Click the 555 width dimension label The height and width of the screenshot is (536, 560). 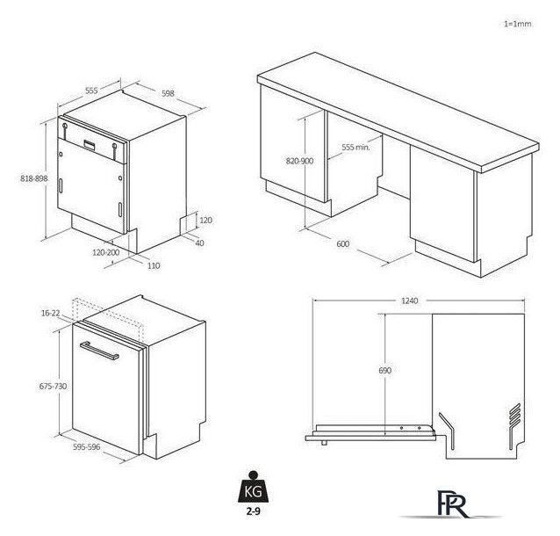click(91, 91)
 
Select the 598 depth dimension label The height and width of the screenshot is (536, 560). click(168, 93)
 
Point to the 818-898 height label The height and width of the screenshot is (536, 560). click(34, 178)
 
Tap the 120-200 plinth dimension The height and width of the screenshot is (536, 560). click(106, 252)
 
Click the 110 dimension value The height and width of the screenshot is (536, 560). click(154, 265)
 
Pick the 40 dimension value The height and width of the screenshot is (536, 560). click(199, 243)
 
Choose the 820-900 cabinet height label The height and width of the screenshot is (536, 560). click(299, 161)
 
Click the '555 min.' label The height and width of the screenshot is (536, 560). click(355, 147)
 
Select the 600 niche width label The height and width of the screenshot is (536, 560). click(343, 244)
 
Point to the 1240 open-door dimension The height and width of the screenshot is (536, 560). click(409, 301)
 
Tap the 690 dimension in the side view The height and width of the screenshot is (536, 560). click(385, 371)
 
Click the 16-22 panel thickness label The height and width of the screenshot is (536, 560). click(51, 313)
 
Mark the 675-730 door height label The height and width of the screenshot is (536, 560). click(53, 386)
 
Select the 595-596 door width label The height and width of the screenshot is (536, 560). click(87, 447)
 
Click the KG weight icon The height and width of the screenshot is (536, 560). click(253, 487)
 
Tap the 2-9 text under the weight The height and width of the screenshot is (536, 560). click(253, 511)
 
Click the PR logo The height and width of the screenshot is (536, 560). click(452, 504)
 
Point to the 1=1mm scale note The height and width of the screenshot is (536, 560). click(518, 24)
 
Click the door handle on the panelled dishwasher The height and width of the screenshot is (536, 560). click(99, 351)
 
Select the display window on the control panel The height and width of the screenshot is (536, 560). click(90, 144)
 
